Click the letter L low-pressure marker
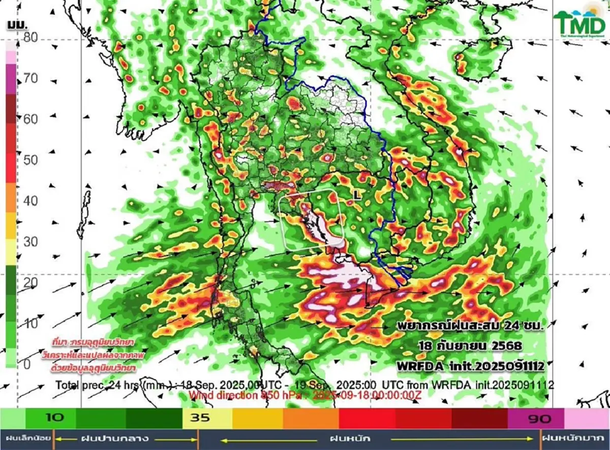(x=357, y=195)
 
